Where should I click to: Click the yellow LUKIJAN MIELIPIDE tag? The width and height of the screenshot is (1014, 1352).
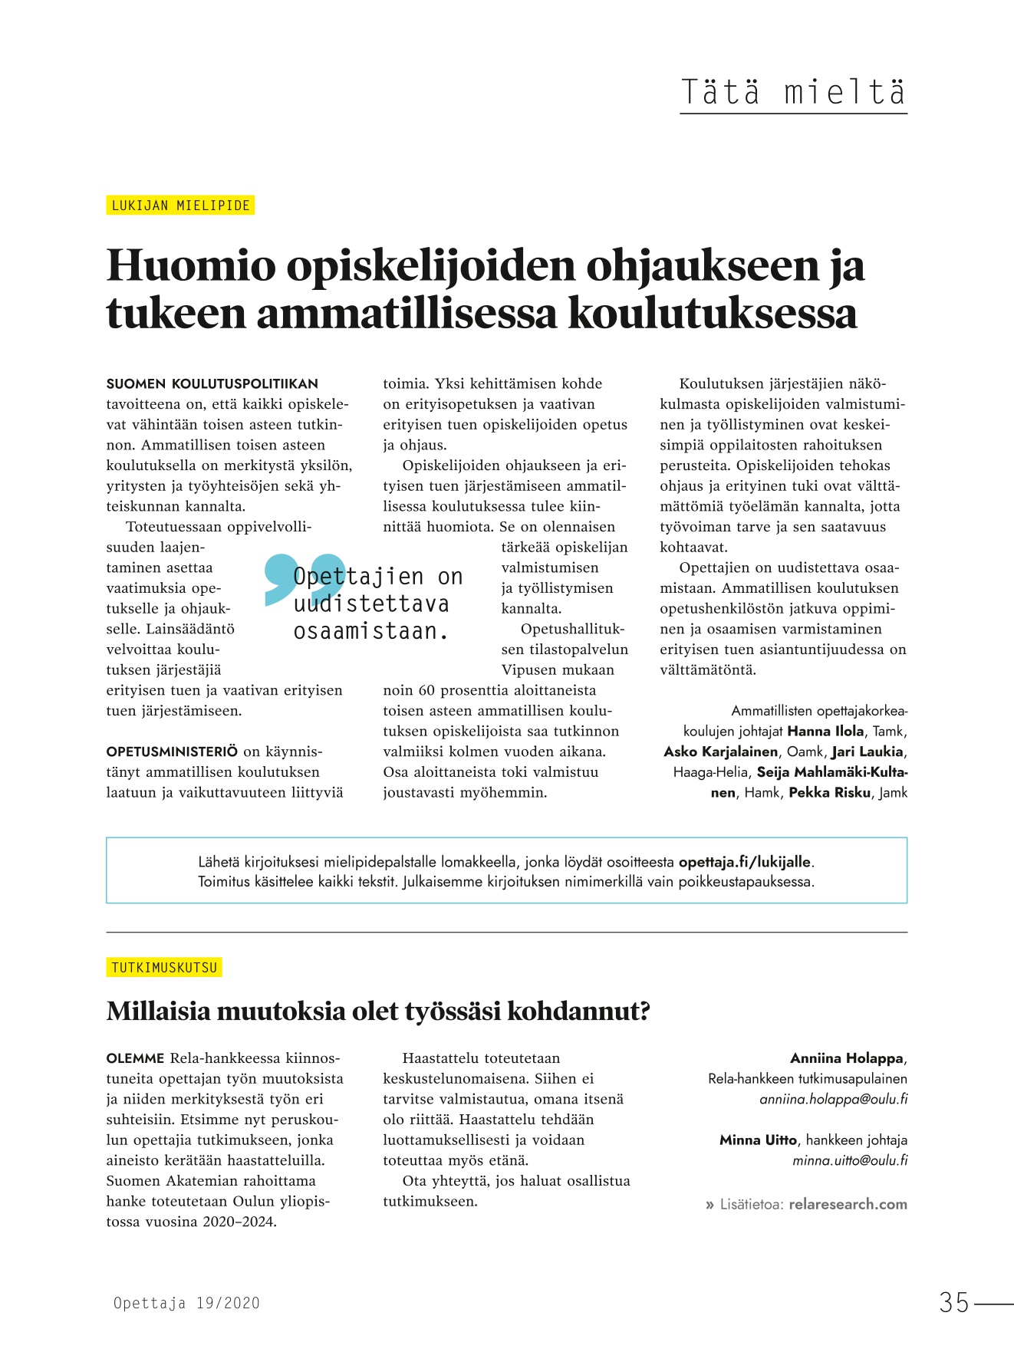(x=180, y=206)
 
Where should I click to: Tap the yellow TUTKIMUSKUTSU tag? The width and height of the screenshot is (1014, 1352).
(x=164, y=968)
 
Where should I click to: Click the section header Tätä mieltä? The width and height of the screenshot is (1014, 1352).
(x=793, y=93)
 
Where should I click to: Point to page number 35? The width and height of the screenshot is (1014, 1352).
(x=954, y=1303)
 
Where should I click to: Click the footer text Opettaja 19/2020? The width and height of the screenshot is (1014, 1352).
(x=186, y=1303)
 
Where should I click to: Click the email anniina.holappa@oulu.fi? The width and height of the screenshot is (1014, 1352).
(x=833, y=1099)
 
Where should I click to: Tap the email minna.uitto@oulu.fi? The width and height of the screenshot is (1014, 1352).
(x=849, y=1160)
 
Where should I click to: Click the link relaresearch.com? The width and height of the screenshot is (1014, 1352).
(x=848, y=1204)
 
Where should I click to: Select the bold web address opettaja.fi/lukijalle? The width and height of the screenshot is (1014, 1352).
(x=744, y=862)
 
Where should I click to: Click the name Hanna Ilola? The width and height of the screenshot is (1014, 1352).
(x=825, y=731)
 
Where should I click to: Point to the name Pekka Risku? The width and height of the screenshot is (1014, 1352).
(x=830, y=792)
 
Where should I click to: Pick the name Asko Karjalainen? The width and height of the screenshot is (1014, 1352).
(x=720, y=752)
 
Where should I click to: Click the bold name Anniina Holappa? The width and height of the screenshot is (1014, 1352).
(x=847, y=1058)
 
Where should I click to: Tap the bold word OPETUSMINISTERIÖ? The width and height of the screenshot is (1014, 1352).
(x=172, y=752)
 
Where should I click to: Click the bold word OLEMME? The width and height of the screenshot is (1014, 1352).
(x=135, y=1058)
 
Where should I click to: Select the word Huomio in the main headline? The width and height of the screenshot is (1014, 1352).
(x=190, y=266)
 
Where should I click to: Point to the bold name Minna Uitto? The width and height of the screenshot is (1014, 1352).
(x=758, y=1140)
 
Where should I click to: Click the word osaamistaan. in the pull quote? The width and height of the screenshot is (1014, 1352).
(x=371, y=632)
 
